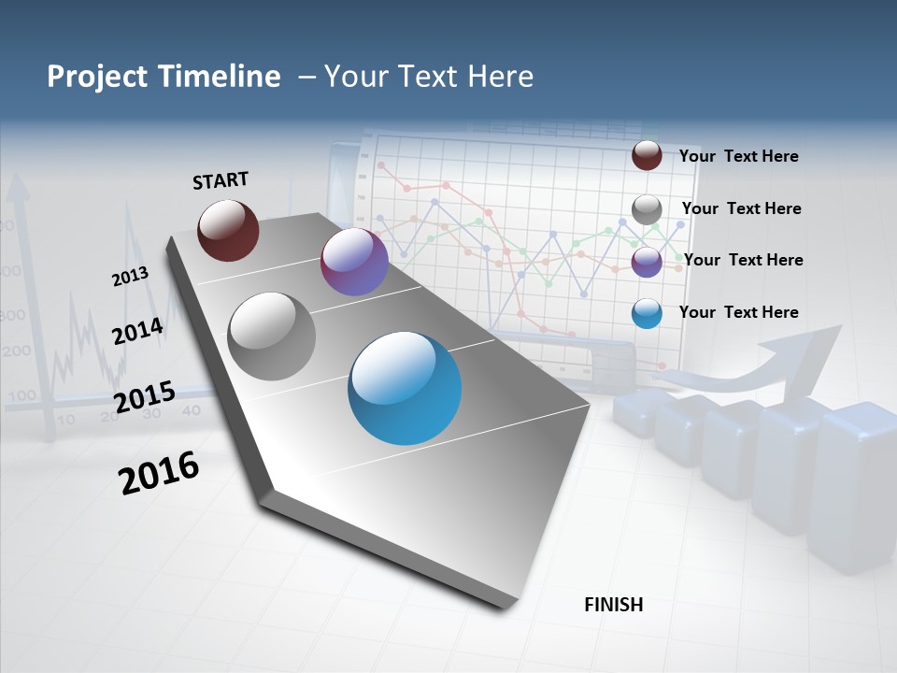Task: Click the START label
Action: pos(221,180)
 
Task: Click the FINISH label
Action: pos(614,605)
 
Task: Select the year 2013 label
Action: pos(130,277)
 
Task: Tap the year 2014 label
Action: pos(138,331)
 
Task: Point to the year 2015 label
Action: pos(144,396)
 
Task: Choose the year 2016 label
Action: pos(159,473)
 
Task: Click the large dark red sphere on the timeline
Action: pos(228,230)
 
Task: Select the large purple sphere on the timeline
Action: pos(354,262)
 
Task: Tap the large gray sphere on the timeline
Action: pos(271,336)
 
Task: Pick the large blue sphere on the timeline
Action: pos(405,388)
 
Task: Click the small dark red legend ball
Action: pos(647,155)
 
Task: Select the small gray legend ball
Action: pos(647,208)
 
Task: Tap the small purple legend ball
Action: pos(647,261)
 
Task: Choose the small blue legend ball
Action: pos(647,313)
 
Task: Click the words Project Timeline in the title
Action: pos(164,77)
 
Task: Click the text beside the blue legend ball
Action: pos(738,312)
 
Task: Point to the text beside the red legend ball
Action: pos(738,156)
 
